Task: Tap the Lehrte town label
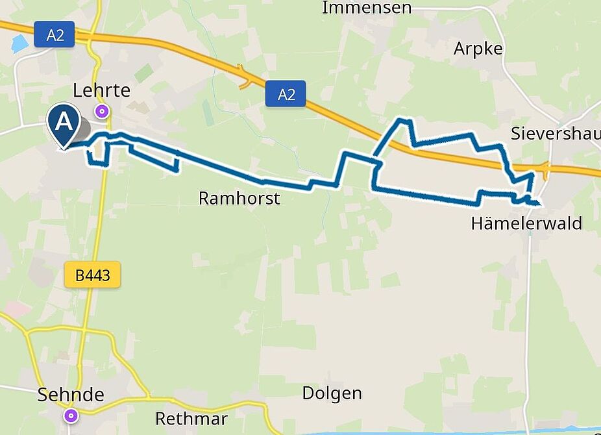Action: click(x=102, y=90)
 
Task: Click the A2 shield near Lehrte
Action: click(x=55, y=34)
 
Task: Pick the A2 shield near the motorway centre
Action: click(x=286, y=95)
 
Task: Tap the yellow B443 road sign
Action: click(x=93, y=276)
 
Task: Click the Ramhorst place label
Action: click(x=239, y=199)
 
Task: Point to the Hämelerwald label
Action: click(x=526, y=224)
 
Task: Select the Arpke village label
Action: click(x=478, y=49)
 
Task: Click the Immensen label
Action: click(x=367, y=8)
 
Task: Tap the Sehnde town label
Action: click(x=71, y=395)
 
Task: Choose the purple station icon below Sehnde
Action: click(x=71, y=416)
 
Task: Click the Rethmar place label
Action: click(x=191, y=418)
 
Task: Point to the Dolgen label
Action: click(x=332, y=393)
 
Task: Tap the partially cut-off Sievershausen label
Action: click(x=555, y=134)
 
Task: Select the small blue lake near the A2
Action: click(x=19, y=44)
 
